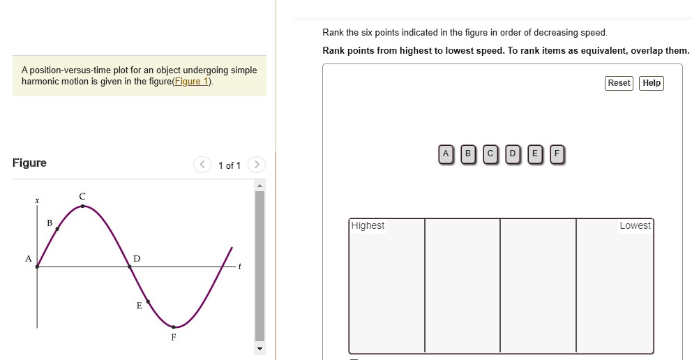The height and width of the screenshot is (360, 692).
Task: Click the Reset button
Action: (619, 83)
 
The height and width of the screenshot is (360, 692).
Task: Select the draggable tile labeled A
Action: (446, 153)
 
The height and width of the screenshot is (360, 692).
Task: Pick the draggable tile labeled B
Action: (468, 153)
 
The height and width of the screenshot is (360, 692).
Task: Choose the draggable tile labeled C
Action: (490, 153)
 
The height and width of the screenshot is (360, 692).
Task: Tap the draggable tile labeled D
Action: (513, 153)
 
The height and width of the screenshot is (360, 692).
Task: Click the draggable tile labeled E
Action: (534, 153)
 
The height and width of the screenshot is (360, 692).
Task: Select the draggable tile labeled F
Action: (557, 153)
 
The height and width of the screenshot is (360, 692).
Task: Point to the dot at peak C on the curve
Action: (82, 206)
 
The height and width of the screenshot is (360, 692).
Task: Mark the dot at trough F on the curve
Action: (174, 327)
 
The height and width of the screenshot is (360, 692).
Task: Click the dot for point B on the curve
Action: (57, 229)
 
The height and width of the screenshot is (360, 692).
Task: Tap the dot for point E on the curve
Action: (148, 302)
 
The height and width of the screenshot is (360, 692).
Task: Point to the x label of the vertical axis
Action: (37, 201)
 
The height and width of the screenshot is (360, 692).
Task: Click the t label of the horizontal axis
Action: (239, 267)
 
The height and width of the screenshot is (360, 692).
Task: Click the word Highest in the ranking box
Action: (368, 225)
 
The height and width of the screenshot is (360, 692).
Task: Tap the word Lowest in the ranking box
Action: (634, 225)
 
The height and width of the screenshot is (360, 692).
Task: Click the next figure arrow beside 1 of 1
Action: (256, 165)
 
